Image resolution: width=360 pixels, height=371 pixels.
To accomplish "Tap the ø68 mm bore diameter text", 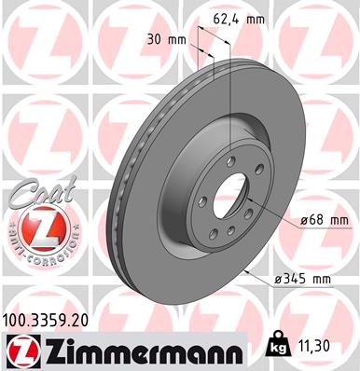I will [322, 220].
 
